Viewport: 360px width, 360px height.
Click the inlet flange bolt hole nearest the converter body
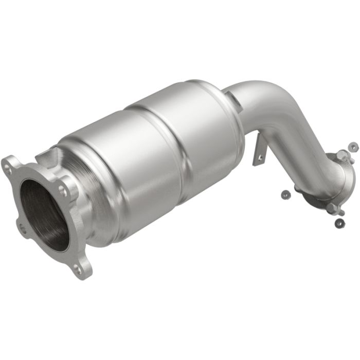63,190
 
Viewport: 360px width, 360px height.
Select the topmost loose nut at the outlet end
352,147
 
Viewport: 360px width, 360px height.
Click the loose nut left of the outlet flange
284,193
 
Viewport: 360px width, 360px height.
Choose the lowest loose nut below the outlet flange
339,223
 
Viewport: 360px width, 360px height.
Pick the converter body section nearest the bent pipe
206,129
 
